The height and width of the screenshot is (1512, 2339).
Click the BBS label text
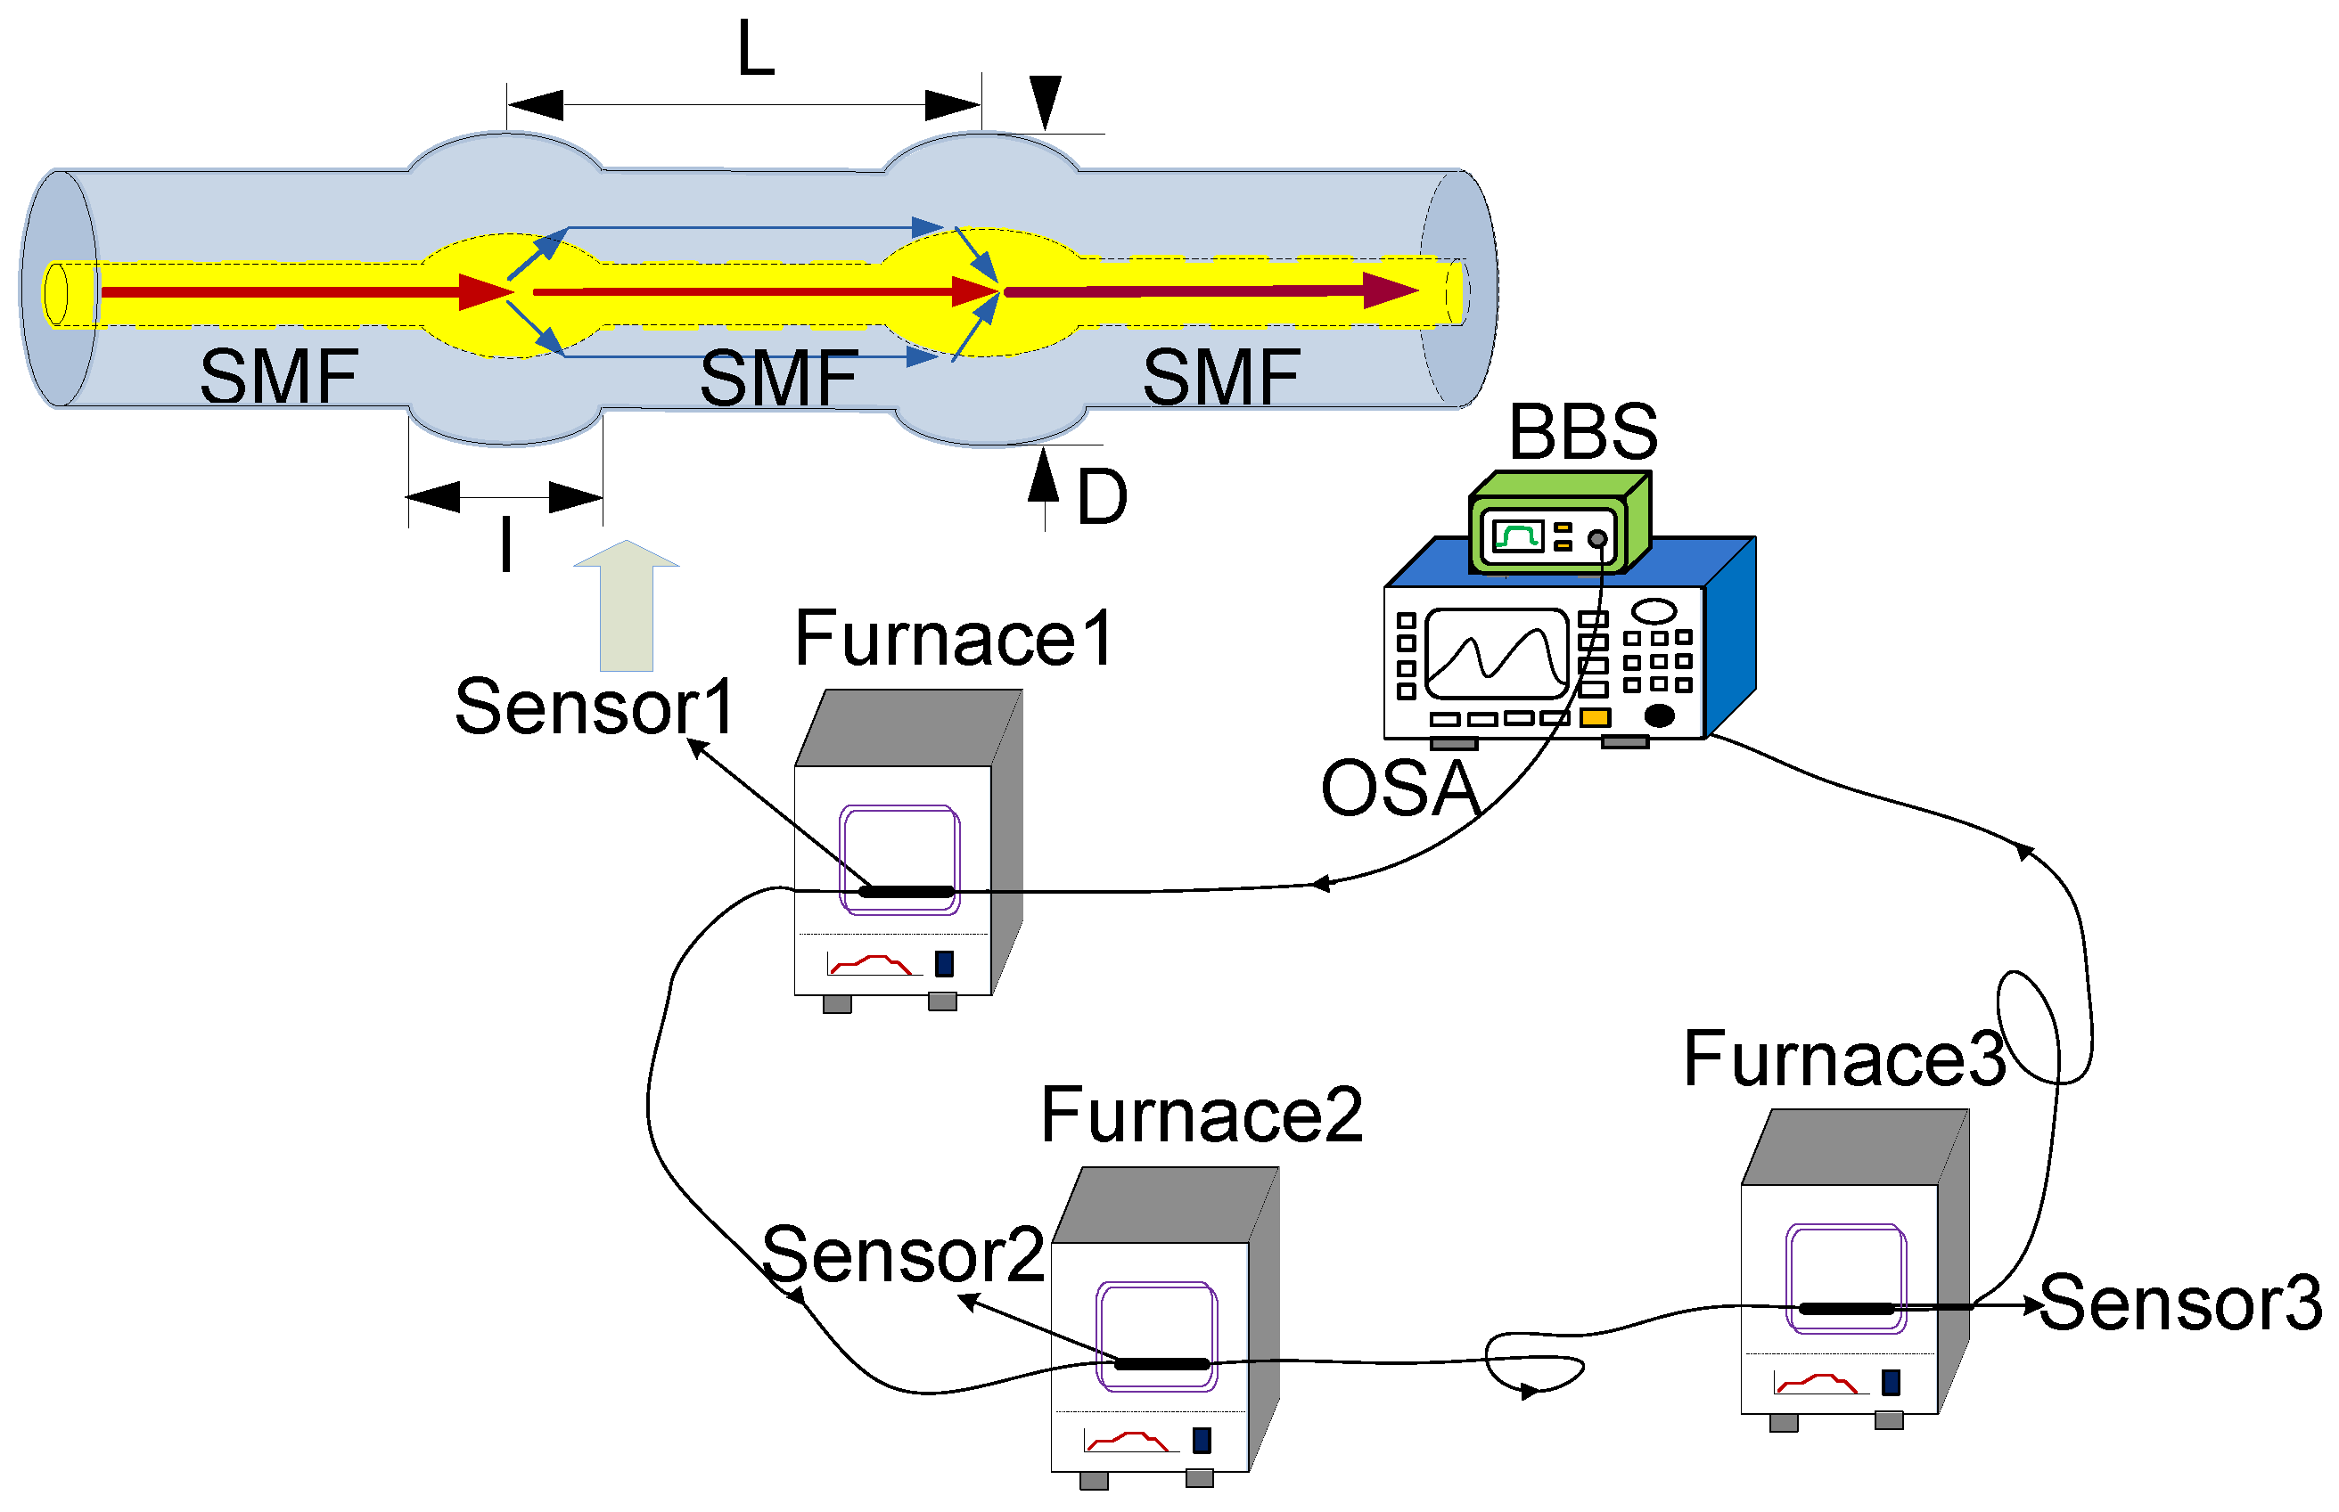(1582, 432)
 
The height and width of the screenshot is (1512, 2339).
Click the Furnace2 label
(1201, 1116)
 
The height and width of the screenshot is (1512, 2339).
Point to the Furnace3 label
(1844, 1060)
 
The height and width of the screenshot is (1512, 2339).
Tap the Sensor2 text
(902, 1255)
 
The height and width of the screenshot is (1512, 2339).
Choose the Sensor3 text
(2180, 1304)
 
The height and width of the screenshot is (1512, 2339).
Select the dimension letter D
(1101, 498)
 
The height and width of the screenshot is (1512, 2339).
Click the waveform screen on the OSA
(1496, 653)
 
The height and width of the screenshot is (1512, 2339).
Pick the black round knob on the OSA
(1659, 715)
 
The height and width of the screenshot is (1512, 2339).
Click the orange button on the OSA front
(1595, 718)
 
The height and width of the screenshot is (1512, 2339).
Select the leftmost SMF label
(279, 377)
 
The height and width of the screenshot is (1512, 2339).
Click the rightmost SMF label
(1220, 377)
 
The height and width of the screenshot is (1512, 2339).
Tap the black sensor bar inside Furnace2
(1161, 1365)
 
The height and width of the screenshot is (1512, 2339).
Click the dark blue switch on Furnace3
(1891, 1384)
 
